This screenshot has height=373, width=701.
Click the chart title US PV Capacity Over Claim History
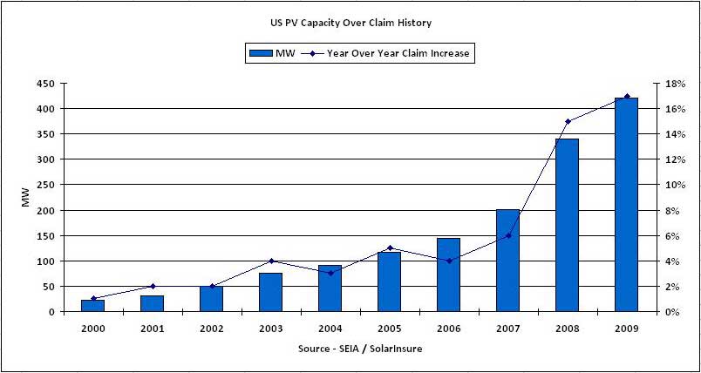[350, 23]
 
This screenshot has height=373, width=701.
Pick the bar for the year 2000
[92, 305]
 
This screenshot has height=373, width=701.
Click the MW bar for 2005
[389, 281]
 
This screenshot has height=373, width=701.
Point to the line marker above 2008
[568, 121]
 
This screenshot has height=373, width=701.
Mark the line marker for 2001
[152, 286]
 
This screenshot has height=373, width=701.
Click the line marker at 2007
[508, 235]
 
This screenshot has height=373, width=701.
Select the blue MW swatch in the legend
[261, 53]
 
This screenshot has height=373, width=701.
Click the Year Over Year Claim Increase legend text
[398, 53]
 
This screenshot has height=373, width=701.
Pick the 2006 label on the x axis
[448, 329]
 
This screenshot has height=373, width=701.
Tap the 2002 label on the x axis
[211, 329]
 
